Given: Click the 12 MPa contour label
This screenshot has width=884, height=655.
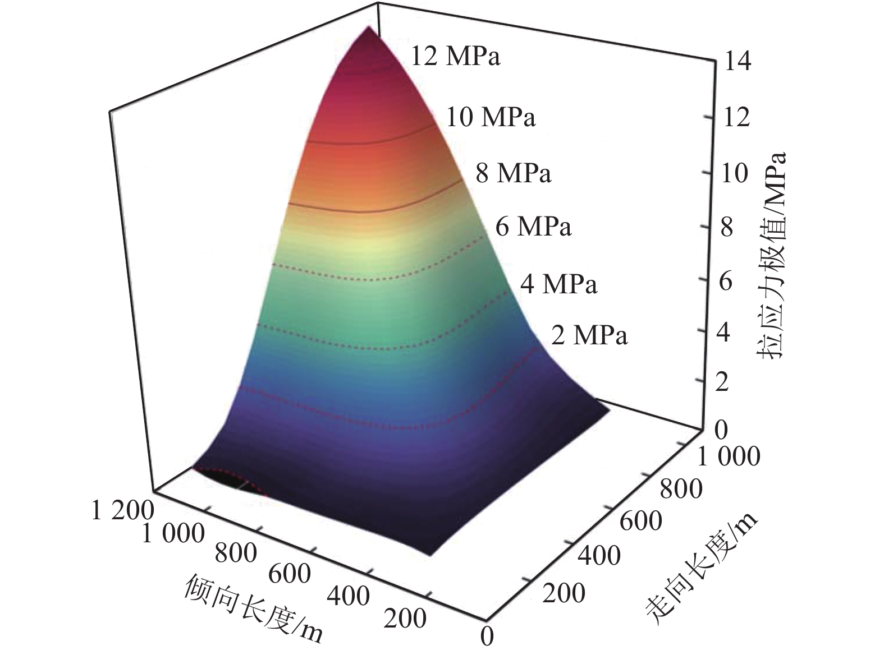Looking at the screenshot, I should pos(455,57).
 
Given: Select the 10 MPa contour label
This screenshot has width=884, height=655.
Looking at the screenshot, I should pos(491,117).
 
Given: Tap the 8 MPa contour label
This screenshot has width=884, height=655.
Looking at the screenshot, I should pos(514,173).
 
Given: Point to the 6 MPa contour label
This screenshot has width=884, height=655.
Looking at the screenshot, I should pos(533,227).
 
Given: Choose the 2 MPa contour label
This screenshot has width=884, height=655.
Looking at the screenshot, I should pos(589,335).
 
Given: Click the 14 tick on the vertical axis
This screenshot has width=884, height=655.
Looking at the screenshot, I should pos(736,63).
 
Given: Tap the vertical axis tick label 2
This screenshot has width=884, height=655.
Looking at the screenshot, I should pos(722,383).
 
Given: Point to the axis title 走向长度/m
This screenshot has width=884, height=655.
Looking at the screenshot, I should pos(702,566).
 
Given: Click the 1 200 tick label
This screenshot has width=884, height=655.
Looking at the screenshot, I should pos(122,510).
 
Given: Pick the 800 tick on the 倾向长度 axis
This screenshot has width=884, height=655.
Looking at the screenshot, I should pos(236,553).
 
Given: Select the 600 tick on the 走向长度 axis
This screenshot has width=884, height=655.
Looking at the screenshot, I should pos(641,521).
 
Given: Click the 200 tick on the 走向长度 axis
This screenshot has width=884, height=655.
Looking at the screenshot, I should pos(564,593).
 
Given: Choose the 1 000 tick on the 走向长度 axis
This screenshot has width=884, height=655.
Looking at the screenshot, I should pos(728,456).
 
